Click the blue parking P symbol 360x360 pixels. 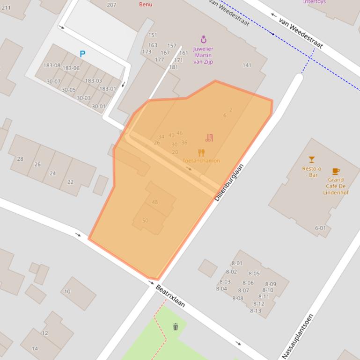[82, 54]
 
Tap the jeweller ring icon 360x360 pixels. [203, 39]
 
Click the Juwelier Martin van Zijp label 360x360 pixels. [203, 55]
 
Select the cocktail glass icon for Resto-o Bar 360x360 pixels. [311, 160]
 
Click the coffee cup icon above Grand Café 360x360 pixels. [336, 172]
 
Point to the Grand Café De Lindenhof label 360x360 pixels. [336, 186]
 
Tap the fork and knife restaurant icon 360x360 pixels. [201, 152]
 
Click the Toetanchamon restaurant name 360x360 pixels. [201, 161]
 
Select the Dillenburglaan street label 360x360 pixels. [229, 182]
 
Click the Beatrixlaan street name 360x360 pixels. [170, 296]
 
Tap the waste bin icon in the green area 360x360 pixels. [176, 327]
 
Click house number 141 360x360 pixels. [247, 65]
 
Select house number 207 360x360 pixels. [111, 5]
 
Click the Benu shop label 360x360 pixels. [146, 4]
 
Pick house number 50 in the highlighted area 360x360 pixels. [145, 220]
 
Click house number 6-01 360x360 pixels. [320, 228]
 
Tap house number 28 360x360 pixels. [20, 159]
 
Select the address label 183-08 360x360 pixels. [52, 65]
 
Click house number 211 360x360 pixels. [6, 7]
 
